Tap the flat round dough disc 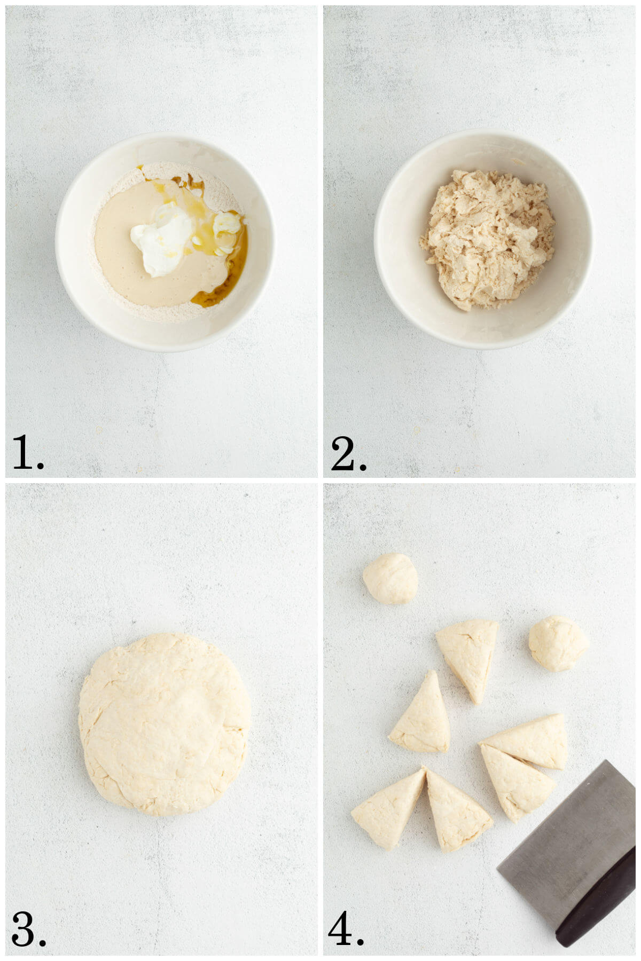point(165,723)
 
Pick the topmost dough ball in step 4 point(390,579)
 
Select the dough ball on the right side point(558,643)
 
